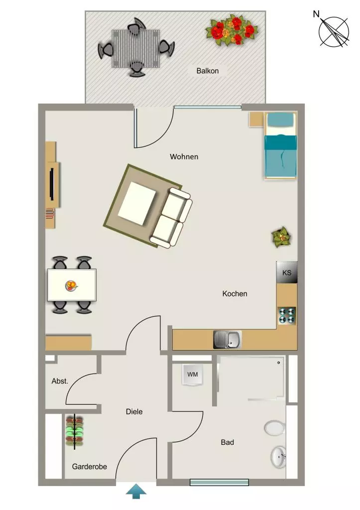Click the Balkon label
pyautogui.click(x=207, y=71)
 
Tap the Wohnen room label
pyautogui.click(x=184, y=157)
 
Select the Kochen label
pyautogui.click(x=235, y=294)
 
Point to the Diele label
pyautogui.click(x=134, y=412)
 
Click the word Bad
pyautogui.click(x=227, y=442)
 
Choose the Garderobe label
pyautogui.click(x=90, y=467)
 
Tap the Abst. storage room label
pyautogui.click(x=60, y=381)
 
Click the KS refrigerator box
pyautogui.click(x=286, y=272)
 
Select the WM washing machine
pyautogui.click(x=193, y=375)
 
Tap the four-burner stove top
pyautogui.click(x=287, y=316)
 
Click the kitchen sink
pyautogui.click(x=228, y=340)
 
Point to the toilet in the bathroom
pyautogui.click(x=275, y=428)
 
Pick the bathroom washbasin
pyautogui.click(x=279, y=457)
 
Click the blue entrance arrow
pyautogui.click(x=136, y=491)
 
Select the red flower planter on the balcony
pyautogui.click(x=232, y=30)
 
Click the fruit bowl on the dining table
pyautogui.click(x=71, y=286)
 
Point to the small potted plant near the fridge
pyautogui.click(x=281, y=237)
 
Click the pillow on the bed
pyautogui.click(x=280, y=120)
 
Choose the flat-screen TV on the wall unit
pyautogui.click(x=51, y=184)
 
